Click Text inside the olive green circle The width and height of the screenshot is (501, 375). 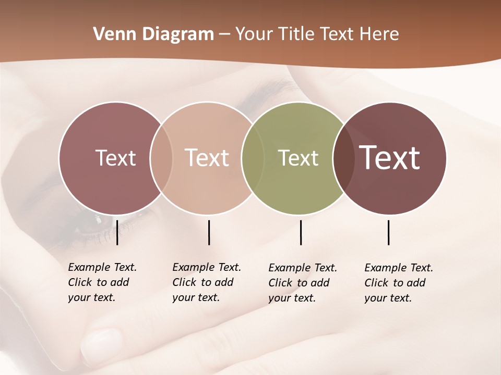coord(298,158)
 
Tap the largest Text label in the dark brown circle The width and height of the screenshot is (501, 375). coord(390,158)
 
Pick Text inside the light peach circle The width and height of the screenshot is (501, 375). coord(207,158)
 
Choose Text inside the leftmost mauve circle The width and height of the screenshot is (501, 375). coord(115,158)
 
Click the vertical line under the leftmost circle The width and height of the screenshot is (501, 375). coord(117,232)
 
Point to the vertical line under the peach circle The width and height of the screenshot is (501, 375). coord(209,232)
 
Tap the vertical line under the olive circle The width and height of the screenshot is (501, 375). coord(301,232)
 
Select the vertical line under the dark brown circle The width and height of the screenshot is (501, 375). coord(388,232)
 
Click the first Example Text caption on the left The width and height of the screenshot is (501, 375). coord(102,282)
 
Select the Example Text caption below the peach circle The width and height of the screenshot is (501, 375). coord(206,282)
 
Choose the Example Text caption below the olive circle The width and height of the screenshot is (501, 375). coord(302,283)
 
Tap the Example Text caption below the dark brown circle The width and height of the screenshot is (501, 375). coord(398,283)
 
